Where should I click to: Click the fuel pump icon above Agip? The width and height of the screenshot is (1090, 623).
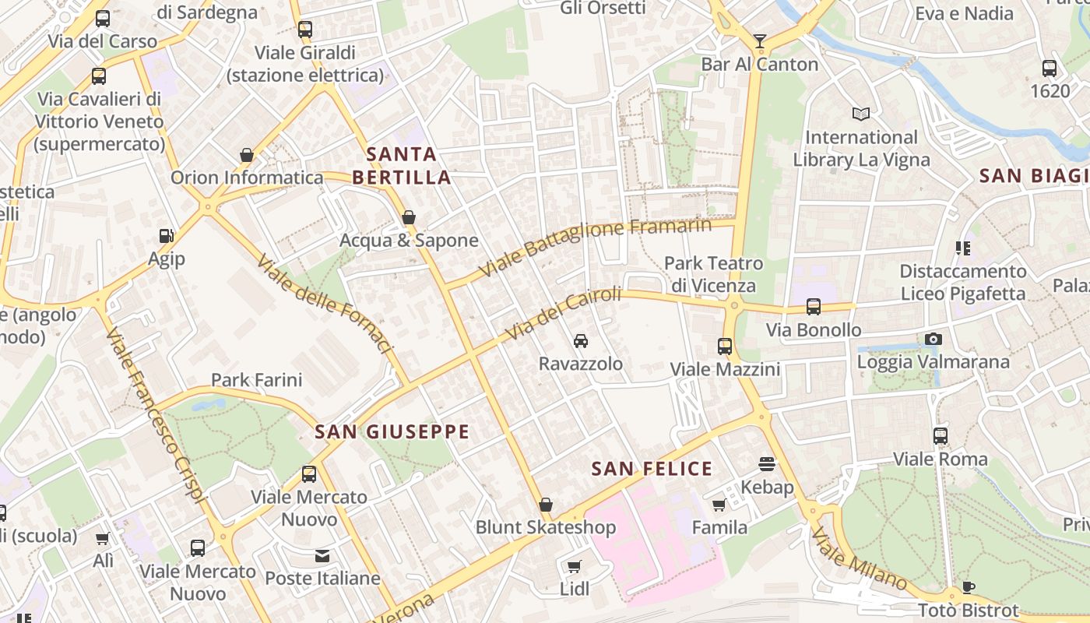tap(166, 235)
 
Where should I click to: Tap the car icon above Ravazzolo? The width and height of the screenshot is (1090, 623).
tap(581, 341)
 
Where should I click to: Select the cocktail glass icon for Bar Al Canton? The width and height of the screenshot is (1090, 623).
tap(760, 41)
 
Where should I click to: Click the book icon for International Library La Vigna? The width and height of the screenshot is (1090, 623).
tap(860, 114)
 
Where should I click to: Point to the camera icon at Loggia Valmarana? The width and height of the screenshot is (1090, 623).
tap(933, 339)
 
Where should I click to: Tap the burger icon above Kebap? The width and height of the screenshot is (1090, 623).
tap(767, 464)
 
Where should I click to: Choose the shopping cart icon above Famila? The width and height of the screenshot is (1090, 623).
tap(719, 505)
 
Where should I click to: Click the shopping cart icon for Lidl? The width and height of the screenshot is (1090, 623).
tap(575, 566)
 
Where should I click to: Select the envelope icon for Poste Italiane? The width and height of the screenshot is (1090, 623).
tap(322, 555)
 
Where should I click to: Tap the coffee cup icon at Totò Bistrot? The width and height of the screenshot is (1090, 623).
tap(968, 587)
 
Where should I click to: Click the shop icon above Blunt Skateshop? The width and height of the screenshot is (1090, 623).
tap(546, 505)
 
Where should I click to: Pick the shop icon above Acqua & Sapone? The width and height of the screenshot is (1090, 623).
tap(409, 217)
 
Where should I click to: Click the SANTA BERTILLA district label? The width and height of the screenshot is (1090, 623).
tap(402, 166)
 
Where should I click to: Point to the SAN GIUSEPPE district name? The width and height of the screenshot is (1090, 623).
tap(392, 431)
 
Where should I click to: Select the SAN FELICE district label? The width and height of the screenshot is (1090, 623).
tap(652, 469)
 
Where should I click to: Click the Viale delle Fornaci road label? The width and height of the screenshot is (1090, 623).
tap(323, 304)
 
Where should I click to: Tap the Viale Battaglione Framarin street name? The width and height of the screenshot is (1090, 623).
tap(596, 247)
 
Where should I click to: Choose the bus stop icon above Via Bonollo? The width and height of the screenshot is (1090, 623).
tap(814, 307)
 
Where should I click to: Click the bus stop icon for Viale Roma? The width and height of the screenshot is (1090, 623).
tap(941, 436)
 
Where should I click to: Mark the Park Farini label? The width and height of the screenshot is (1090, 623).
tap(256, 380)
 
